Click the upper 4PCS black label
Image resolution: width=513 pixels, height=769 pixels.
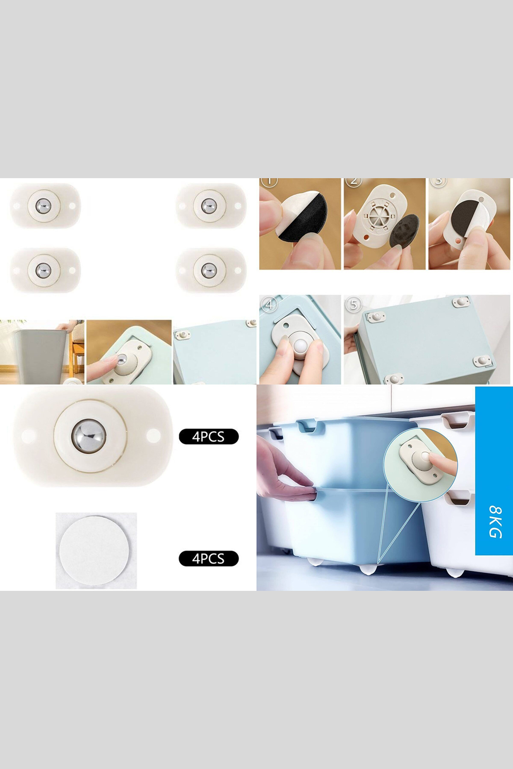coord(208,436)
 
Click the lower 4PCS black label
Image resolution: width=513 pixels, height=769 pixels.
coord(208,558)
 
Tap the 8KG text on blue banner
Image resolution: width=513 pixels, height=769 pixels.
coord(495,522)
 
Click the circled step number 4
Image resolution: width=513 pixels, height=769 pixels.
coord(269,305)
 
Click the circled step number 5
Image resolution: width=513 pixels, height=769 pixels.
coord(353,305)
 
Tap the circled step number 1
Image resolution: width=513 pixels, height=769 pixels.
coord(270,181)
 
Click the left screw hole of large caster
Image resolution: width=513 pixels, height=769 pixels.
coord(29,436)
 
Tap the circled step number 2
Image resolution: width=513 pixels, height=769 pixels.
coord(353,181)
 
